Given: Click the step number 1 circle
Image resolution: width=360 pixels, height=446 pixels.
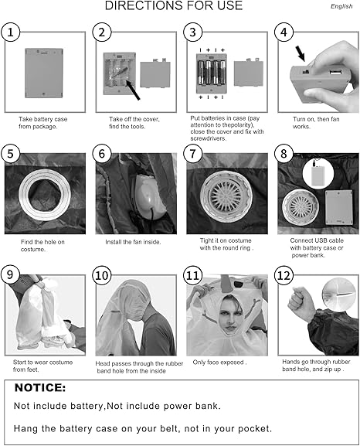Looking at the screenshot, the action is (x=11, y=32).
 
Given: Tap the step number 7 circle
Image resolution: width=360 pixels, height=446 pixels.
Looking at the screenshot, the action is (x=193, y=154).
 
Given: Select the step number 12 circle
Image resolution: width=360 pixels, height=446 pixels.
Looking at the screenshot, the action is (x=284, y=275).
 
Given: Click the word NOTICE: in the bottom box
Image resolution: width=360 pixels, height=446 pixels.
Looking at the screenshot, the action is (x=40, y=388).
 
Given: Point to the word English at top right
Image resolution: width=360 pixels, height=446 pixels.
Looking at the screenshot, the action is (x=341, y=6).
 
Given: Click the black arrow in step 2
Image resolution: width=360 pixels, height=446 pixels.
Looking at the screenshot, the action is (x=133, y=90).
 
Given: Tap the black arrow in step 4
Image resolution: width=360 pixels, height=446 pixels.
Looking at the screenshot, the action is (x=300, y=54).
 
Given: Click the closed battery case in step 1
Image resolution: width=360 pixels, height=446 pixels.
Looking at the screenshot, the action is (x=44, y=73).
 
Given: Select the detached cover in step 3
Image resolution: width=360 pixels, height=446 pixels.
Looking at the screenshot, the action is (x=248, y=73).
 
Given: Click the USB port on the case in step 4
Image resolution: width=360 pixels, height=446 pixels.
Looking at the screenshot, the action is (x=335, y=71).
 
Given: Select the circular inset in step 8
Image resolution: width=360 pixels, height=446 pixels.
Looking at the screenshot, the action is (x=318, y=174).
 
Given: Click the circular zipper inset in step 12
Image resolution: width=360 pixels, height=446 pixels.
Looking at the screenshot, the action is (x=339, y=294).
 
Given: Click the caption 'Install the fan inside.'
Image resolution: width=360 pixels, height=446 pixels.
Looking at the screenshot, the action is (x=133, y=242).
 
